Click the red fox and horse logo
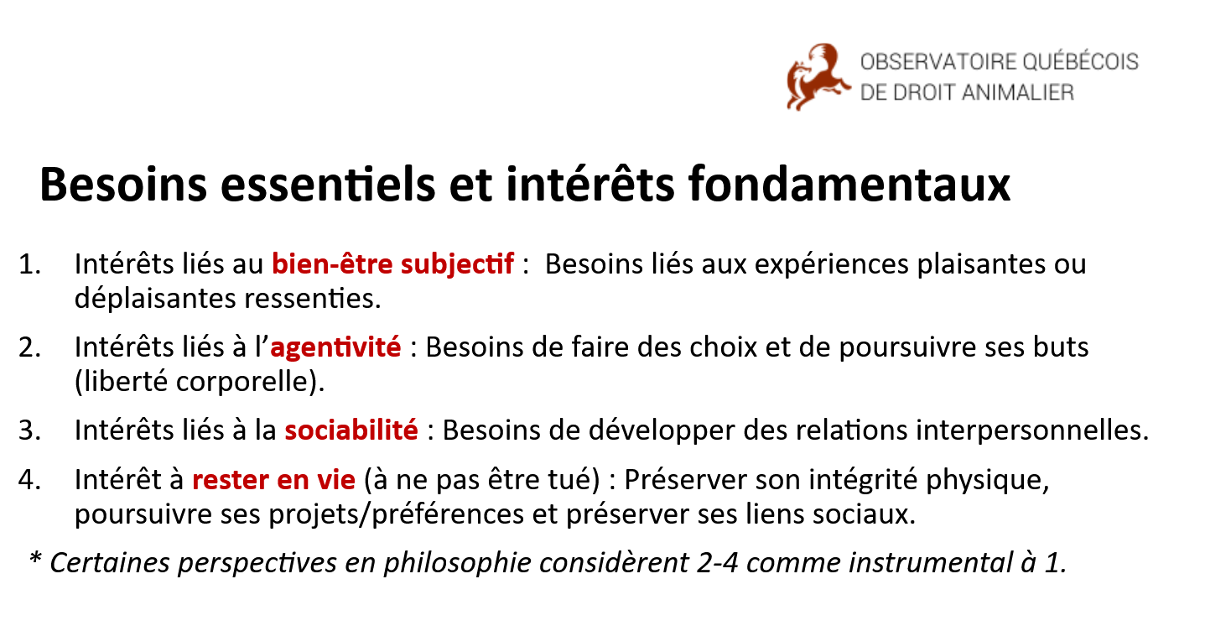818,77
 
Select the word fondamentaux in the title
849,184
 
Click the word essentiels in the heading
328,184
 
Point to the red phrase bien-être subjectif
392,264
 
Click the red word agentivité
335,347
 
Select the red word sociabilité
351,430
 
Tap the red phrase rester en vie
274,480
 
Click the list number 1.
29,264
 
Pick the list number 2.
29,347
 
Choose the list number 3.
29,430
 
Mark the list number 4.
29,480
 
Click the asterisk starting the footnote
35,558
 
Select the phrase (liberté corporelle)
200,382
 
